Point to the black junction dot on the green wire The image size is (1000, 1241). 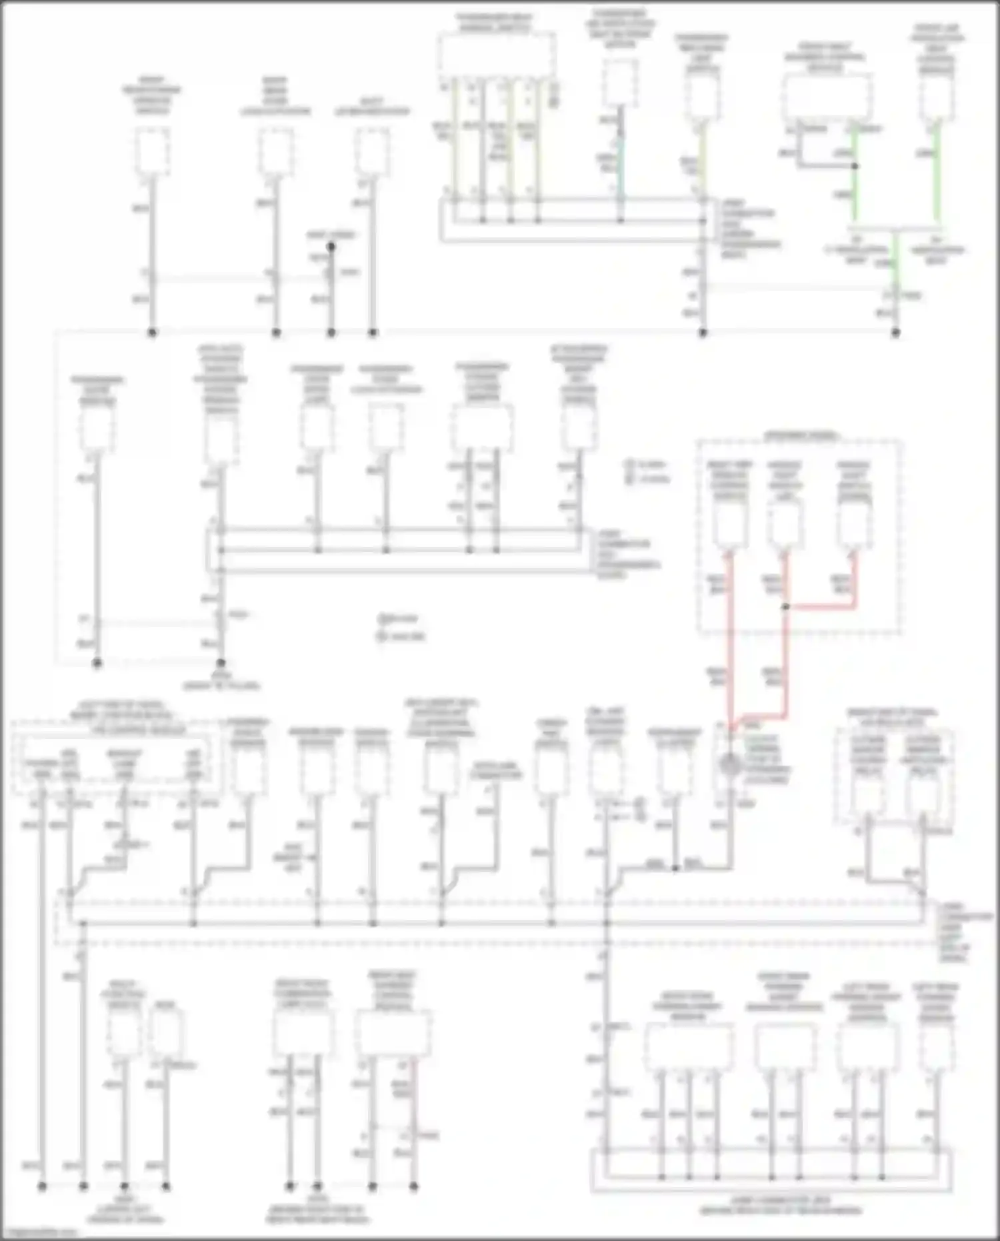point(855,166)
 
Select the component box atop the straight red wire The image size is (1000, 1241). point(731,524)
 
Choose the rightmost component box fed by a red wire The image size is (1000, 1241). point(855,524)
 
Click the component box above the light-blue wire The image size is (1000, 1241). point(621,83)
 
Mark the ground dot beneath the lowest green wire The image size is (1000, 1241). point(895,332)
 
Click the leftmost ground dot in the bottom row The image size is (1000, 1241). point(42,1186)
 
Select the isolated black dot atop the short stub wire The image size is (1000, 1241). point(331,247)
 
